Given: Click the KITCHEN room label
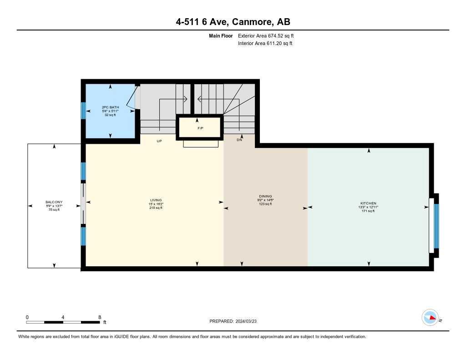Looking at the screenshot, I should (368, 203).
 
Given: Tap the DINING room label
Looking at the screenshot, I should (265, 196).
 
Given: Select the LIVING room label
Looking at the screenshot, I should (156, 200).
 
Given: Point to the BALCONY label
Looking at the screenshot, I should (54, 202).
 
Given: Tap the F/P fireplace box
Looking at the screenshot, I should (200, 127).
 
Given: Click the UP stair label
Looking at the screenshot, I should (159, 141).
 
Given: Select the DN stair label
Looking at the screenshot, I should (239, 141).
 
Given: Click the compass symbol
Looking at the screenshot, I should (430, 318).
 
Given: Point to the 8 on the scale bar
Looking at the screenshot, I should (99, 317).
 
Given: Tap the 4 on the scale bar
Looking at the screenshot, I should (63, 317).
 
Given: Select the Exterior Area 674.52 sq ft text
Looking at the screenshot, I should (269, 35).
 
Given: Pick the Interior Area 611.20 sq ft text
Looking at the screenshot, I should (265, 43).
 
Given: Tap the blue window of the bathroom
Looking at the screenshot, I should (83, 110).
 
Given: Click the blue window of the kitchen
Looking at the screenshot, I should (436, 226).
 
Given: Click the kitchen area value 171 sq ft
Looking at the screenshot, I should (368, 211).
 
